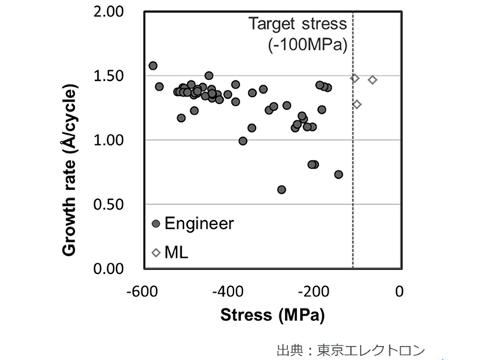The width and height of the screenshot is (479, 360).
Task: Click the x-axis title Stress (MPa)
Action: pyautogui.click(x=272, y=314)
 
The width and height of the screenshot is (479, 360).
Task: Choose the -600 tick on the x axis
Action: pyautogui.click(x=141, y=290)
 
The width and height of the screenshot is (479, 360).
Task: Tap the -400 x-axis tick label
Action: pyautogui.click(x=228, y=290)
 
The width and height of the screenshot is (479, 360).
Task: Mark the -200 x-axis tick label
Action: pyautogui.click(x=314, y=290)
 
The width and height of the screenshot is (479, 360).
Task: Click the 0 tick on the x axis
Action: pyautogui.click(x=400, y=290)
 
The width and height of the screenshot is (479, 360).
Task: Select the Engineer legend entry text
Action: pyautogui.click(x=199, y=223)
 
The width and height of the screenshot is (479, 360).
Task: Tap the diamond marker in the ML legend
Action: pyautogui.click(x=156, y=253)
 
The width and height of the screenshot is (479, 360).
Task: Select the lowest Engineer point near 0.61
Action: pyautogui.click(x=281, y=189)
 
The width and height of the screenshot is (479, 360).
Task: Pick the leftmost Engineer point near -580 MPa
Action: pyautogui.click(x=153, y=66)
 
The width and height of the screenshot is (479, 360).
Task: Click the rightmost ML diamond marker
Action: pyautogui.click(x=372, y=80)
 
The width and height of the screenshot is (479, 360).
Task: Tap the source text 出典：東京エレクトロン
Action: pyautogui.click(x=350, y=350)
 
